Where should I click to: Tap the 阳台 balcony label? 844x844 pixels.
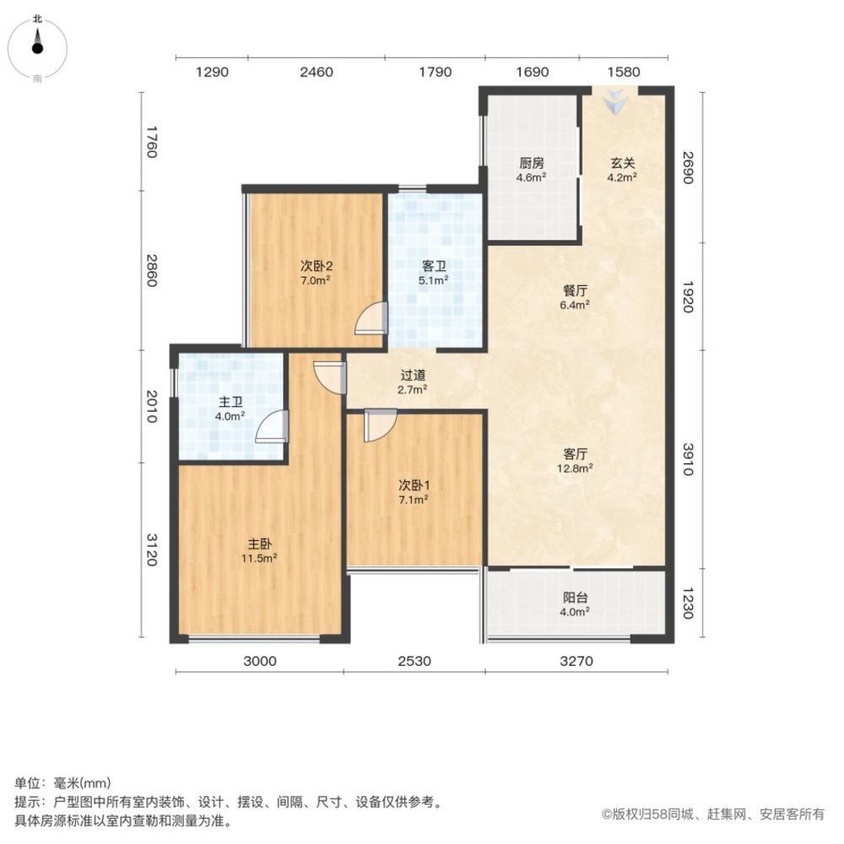coord(576,604)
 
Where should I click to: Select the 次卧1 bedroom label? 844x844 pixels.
coord(414,492)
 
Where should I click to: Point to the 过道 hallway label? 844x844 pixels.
coord(412,382)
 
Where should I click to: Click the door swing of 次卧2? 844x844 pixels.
coord(371,321)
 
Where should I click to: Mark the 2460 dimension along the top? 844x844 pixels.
coord(316,73)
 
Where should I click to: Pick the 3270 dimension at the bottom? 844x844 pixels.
coord(577,662)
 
